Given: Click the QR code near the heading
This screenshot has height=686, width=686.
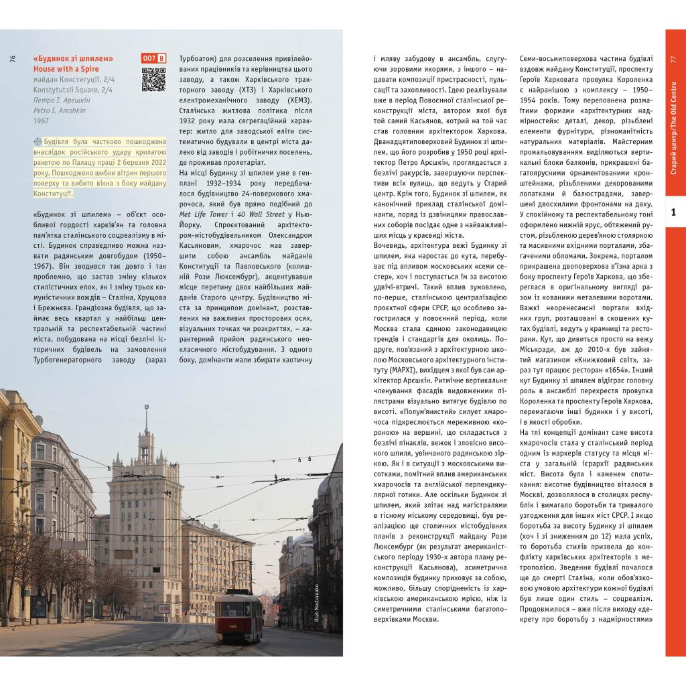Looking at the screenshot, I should click(153, 78).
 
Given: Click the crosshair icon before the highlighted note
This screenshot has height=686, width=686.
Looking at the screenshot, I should click(37, 143).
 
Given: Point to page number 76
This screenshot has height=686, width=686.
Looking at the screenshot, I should click(13, 59).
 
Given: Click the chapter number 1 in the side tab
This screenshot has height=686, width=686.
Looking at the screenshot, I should click(674, 213).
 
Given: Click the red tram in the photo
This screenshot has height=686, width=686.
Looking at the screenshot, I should click(239, 613).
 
